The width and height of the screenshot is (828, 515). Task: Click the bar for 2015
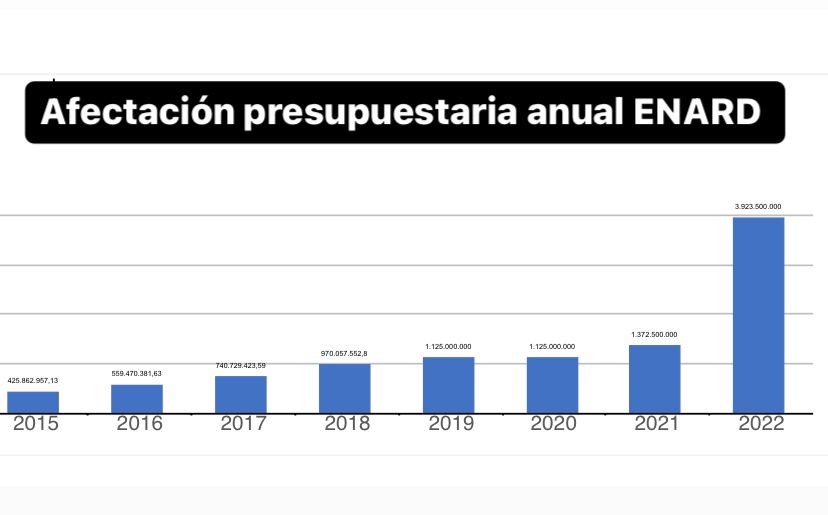point(33,401)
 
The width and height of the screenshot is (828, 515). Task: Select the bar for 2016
point(137,398)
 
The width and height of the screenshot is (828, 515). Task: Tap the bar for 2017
point(241,393)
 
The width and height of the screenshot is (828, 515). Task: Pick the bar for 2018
point(345,387)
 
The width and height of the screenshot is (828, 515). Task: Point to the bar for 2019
point(449,384)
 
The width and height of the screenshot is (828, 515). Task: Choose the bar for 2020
point(552,384)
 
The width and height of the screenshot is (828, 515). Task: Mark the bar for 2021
point(655,378)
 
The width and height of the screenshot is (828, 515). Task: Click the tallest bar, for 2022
point(759,314)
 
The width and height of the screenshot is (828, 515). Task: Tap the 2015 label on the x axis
point(34,424)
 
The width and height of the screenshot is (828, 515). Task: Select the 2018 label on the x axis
point(346,424)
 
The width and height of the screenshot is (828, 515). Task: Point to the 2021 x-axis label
point(656,424)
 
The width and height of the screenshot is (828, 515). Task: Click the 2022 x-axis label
point(760,424)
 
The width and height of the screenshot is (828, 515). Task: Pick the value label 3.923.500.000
point(758,206)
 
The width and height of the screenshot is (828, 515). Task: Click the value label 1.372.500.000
point(654,334)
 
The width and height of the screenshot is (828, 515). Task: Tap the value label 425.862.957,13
point(33,381)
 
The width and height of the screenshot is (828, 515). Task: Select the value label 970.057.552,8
point(344,353)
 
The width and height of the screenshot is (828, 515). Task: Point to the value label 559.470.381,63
point(137,373)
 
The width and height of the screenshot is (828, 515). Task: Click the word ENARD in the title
point(698,112)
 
